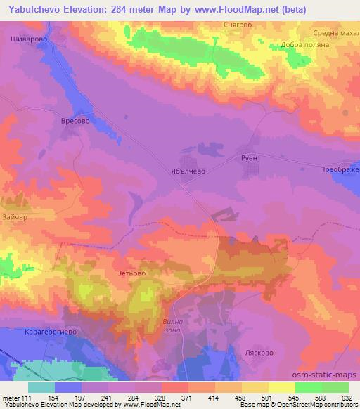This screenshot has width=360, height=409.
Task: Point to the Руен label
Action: [x=250, y=159]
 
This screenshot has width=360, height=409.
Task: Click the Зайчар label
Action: [x=16, y=217]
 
